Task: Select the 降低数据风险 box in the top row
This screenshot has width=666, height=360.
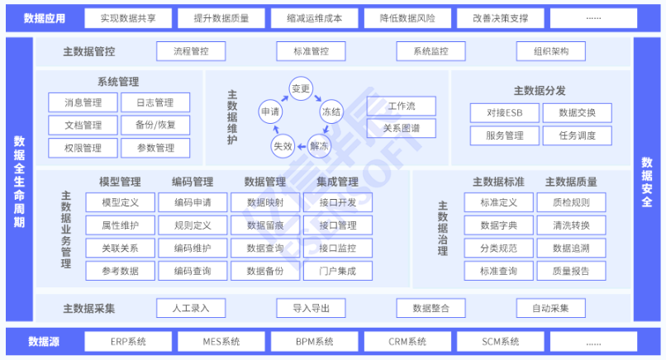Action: point(407,17)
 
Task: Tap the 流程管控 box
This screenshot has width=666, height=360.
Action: point(191,51)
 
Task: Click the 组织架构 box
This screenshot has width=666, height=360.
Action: point(551,51)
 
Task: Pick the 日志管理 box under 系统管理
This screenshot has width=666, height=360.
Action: point(155,103)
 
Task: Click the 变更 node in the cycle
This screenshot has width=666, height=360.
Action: point(300,88)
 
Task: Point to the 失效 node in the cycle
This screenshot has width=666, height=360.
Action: point(283,145)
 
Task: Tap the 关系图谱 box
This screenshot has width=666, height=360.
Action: point(401,129)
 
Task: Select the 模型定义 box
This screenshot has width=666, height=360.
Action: point(120,202)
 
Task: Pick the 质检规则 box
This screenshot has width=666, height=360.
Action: point(571,202)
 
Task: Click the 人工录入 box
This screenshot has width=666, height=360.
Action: point(191,308)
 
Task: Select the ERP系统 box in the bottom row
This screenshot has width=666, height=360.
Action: point(127,341)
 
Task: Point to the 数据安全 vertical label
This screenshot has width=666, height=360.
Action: point(647,181)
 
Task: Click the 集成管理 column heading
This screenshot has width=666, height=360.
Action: point(336,182)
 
